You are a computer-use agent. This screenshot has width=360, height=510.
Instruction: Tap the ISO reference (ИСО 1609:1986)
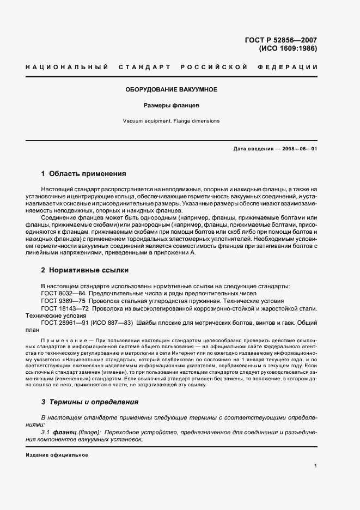click(x=288, y=48)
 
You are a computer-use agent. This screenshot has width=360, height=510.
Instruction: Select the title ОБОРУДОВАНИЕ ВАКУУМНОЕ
click(x=172, y=89)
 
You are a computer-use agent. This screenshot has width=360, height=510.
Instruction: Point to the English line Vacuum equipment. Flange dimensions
click(x=172, y=121)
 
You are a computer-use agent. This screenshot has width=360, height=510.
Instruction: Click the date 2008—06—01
click(x=298, y=149)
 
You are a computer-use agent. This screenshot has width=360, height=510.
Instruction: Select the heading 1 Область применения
click(x=83, y=174)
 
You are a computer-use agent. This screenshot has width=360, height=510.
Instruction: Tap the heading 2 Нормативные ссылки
click(x=85, y=270)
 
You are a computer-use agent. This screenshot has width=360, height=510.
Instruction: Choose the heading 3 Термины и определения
click(x=90, y=402)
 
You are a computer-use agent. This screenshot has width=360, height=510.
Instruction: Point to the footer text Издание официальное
click(x=57, y=454)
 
